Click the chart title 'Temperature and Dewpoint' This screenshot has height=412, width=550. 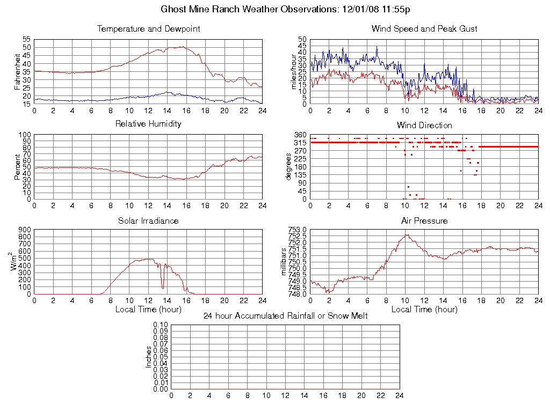pyautogui.click(x=148, y=29)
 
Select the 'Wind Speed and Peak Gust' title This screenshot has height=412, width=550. pyautogui.click(x=424, y=29)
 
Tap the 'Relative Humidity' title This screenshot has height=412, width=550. pyautogui.click(x=148, y=124)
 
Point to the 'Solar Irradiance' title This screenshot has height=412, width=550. pyautogui.click(x=148, y=221)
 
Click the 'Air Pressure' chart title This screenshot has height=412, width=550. pyautogui.click(x=424, y=221)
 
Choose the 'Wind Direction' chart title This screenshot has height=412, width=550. pyautogui.click(x=424, y=126)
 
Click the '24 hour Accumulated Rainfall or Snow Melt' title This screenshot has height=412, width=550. pyautogui.click(x=286, y=316)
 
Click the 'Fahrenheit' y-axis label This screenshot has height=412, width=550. pyautogui.click(x=17, y=71)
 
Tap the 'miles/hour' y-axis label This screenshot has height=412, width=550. pyautogui.click(x=293, y=71)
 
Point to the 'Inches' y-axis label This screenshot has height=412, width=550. pyautogui.click(x=149, y=357)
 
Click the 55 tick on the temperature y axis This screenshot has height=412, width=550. pyautogui.click(x=26, y=40)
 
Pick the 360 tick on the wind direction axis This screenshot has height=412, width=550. pyautogui.click(x=300, y=135)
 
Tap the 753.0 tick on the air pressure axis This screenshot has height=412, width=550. pyautogui.click(x=297, y=230)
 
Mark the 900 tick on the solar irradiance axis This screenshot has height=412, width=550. pyautogui.click(x=25, y=230)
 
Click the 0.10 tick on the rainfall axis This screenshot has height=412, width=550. pyautogui.click(x=161, y=325)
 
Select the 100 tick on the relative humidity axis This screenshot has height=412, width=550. pyautogui.click(x=25, y=135)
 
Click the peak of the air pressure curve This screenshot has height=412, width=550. pyautogui.click(x=407, y=234)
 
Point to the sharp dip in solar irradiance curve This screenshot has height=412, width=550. pyautogui.click(x=163, y=288)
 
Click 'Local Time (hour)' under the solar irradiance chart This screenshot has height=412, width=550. pyautogui.click(x=148, y=310)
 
